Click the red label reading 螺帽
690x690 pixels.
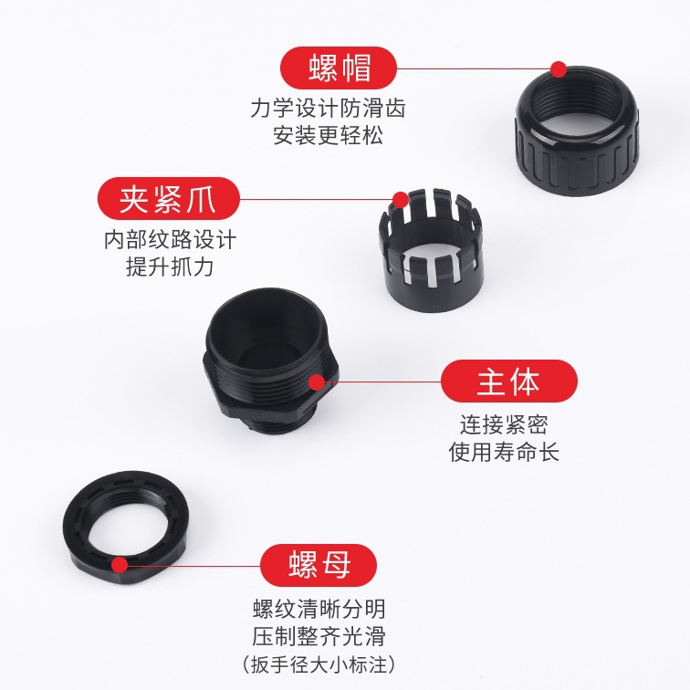pos(339,68)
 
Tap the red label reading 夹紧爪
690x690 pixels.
pos(169,199)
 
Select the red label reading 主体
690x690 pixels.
pos(508,382)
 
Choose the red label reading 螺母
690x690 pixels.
pos(319,565)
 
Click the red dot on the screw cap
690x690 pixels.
pos(559,69)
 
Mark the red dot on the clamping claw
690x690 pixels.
pos(401,200)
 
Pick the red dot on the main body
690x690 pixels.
pos(317,382)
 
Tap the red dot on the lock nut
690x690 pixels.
pos(120,565)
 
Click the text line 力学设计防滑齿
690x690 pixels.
pos(328,109)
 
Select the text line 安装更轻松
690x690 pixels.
pos(328,135)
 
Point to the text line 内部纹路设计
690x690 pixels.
pos(171,240)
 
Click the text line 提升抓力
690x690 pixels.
pos(170,267)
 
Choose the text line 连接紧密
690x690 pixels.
pos(505,425)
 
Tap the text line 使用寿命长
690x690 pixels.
pos(505,452)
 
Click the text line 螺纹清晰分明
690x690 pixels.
pos(319,609)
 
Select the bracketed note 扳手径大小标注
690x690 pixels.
pos(319,664)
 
